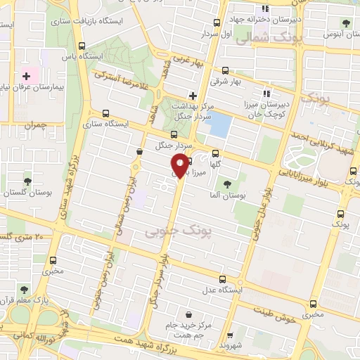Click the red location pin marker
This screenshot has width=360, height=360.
(x=180, y=166)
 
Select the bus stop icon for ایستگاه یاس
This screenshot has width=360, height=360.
(x=82, y=46)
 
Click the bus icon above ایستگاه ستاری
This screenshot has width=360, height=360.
(x=106, y=112)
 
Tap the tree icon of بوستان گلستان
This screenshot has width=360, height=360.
(x=27, y=181)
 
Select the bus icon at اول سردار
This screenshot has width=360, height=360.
(x=217, y=22)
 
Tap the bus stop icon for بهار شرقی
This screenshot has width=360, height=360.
(x=225, y=70)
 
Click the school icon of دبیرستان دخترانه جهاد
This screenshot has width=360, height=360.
(x=265, y=9)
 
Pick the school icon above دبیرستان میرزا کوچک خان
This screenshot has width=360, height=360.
(x=266, y=94)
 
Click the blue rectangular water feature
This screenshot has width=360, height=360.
(x=219, y=125)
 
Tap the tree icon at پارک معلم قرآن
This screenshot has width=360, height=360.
(x=24, y=289)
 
